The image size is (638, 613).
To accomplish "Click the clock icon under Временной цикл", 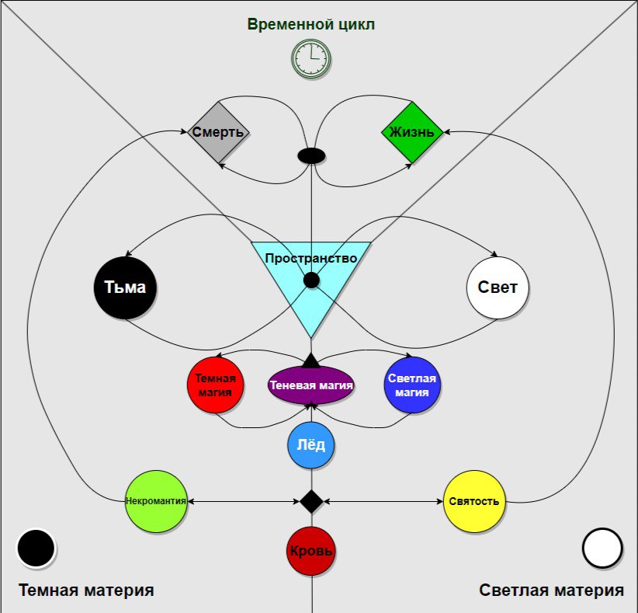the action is click(311, 59).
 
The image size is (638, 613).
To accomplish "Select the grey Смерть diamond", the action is click(218, 132).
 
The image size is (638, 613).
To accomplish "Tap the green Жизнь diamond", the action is click(412, 132).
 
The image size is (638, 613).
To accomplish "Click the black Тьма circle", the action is click(125, 287).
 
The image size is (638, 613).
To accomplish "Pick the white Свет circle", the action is click(498, 287).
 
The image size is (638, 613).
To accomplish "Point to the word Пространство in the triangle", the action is click(311, 258).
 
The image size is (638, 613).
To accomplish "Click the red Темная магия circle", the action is click(215, 385).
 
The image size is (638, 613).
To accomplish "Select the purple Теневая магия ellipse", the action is click(311, 385).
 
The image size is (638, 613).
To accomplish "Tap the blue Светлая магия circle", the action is click(412, 385).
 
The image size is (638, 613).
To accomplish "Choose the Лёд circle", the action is click(311, 445).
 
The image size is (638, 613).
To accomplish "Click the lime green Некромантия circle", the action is click(156, 501).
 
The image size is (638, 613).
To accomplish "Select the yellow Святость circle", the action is click(474, 501).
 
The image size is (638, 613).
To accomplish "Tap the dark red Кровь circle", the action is click(311, 551).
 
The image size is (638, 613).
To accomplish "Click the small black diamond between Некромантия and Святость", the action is click(312, 501).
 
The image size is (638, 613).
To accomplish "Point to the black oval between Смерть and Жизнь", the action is click(312, 155).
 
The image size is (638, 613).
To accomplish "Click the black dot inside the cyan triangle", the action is click(311, 280).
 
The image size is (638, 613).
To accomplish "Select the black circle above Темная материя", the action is click(36, 549).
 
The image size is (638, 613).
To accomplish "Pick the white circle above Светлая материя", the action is click(602, 549).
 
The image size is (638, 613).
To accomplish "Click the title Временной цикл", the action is click(311, 24).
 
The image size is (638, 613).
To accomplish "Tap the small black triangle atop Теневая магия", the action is click(311, 360).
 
